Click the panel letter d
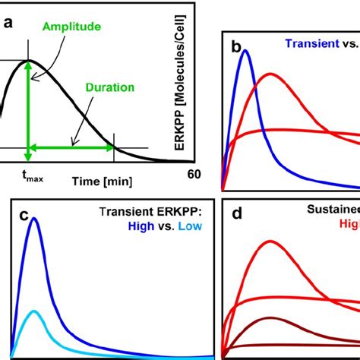(236, 216)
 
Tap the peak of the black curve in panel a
(29, 60)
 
